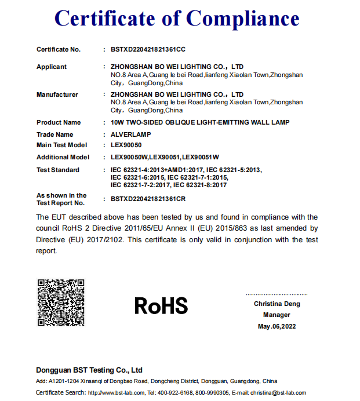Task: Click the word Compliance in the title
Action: point(243,19)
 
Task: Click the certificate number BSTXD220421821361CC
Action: point(148,50)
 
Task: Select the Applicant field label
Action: point(52,67)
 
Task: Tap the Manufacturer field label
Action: point(57,94)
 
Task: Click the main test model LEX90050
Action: point(126,145)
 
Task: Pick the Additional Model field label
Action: point(63,157)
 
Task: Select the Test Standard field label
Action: point(58,170)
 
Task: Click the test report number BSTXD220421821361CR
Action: point(148,199)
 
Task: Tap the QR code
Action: point(61,303)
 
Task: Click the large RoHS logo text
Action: point(161,305)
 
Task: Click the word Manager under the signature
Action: point(277,315)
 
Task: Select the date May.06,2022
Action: point(277,327)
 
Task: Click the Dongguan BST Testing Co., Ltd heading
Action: point(89,370)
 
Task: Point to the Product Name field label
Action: point(59,122)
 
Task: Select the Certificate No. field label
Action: point(59,50)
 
